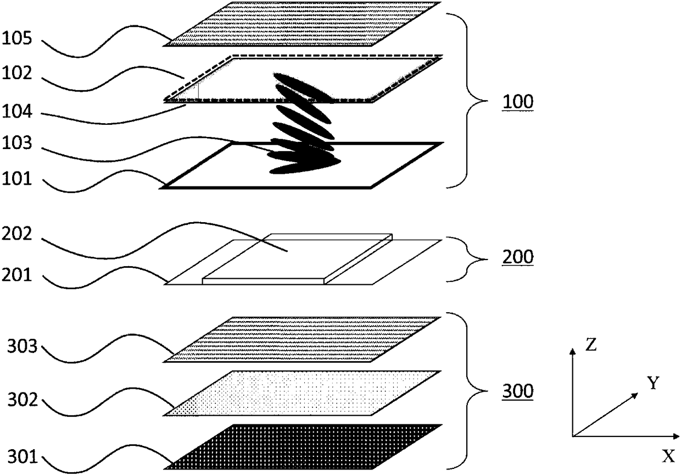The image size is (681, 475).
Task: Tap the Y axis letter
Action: point(652,383)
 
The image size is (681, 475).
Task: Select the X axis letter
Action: point(667,456)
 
